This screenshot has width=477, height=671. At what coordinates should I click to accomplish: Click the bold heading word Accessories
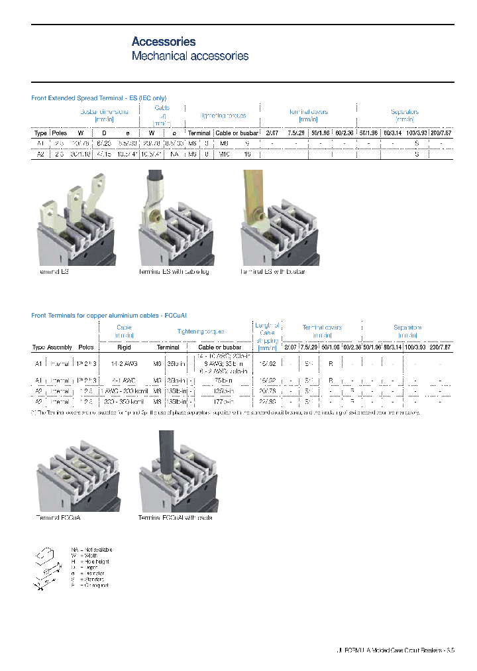click(164, 42)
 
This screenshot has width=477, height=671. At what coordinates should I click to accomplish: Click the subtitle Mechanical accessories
click(190, 56)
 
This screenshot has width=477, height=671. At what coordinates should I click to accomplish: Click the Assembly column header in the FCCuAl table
click(60, 347)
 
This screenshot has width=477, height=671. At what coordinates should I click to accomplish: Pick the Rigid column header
click(124, 347)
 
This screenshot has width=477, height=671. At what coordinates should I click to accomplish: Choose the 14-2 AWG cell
click(124, 363)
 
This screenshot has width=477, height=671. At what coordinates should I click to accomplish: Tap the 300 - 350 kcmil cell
click(124, 401)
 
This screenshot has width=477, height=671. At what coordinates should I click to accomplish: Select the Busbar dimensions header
click(104, 115)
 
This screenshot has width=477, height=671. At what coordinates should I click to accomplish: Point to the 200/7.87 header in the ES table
click(441, 133)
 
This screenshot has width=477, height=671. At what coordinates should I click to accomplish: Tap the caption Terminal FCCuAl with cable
click(175, 517)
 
